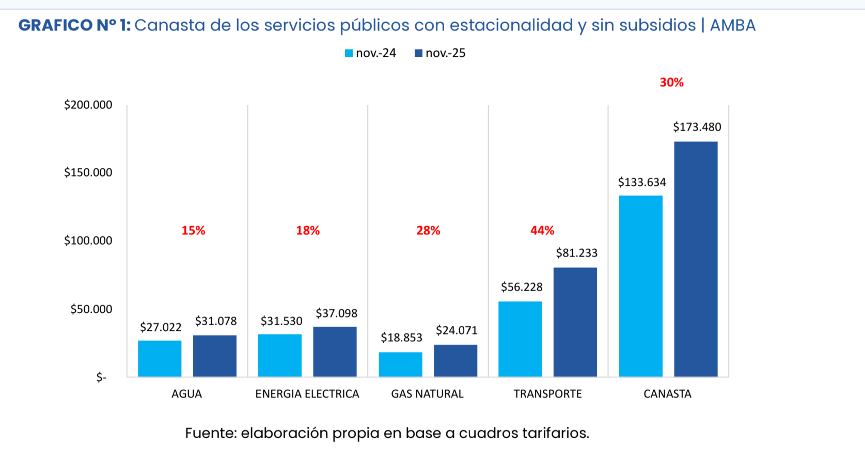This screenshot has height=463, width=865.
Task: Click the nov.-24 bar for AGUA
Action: point(160,358)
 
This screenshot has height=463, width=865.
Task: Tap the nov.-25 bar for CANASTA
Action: point(696,259)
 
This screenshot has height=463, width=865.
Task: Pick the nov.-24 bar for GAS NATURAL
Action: point(400,364)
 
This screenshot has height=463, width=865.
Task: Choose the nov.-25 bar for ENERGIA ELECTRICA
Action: point(335,352)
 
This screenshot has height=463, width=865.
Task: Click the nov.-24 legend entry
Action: point(371,53)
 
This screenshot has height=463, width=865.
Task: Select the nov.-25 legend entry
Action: point(441,53)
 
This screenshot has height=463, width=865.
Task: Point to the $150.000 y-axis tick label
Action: point(88,172)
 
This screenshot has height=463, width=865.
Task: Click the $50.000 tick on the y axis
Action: point(91,309)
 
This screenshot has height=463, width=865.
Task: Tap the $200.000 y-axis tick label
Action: point(88,105)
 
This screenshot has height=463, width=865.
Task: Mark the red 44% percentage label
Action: point(542,231)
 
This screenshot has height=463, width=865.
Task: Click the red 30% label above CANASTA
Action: point(671,83)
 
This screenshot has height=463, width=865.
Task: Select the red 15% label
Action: point(193,231)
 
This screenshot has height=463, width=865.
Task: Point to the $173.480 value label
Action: point(697,127)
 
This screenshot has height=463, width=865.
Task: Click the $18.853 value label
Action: point(401,338)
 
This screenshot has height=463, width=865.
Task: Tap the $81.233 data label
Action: point(576,253)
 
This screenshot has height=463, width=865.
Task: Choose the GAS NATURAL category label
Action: point(427,394)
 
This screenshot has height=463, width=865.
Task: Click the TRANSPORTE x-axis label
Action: point(547,394)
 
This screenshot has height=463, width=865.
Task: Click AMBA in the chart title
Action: point(732,25)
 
